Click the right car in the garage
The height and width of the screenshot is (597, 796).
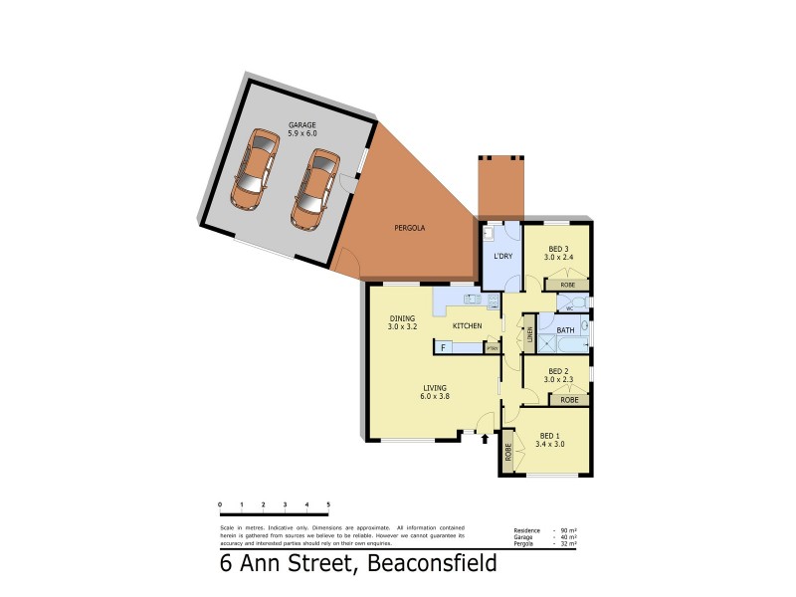click(314, 187)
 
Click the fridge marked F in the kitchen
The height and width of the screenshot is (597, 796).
click(444, 347)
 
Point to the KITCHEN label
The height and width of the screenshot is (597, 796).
click(468, 326)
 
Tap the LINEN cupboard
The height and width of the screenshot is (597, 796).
click(530, 334)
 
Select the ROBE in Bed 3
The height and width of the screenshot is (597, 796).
click(568, 285)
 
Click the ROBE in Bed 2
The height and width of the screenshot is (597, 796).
click(568, 399)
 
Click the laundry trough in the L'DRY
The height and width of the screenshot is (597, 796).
click(489, 236)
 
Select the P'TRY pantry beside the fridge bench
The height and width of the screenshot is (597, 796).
click(491, 348)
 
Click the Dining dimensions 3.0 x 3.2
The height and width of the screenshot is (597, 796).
click(402, 326)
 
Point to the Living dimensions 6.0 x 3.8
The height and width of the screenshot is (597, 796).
click(434, 396)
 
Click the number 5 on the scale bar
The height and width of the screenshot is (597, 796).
click(328, 505)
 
